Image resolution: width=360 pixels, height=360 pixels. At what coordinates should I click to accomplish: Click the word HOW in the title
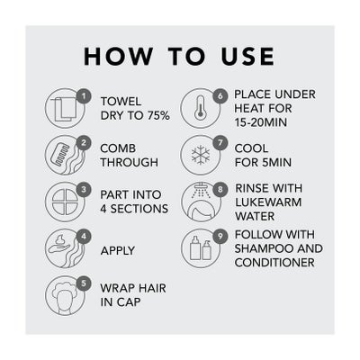pos(118,56)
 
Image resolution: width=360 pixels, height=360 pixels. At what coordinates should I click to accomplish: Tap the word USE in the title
pos(247,56)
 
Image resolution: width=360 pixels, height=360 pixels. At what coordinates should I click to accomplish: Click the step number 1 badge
pos(84,96)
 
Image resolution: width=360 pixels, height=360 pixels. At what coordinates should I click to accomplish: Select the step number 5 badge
pos(84,283)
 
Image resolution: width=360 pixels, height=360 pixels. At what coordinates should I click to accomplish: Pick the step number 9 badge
pos(220,237)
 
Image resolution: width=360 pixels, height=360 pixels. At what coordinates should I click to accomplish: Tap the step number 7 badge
pos(220,143)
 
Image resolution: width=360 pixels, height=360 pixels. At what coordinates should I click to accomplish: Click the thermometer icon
pos(199,108)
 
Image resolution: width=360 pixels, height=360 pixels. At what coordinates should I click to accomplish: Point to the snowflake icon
pos(201,155)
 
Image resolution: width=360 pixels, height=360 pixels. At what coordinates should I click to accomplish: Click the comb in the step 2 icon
pos(61,153)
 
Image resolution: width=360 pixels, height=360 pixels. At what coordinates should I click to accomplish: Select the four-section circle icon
pos(65,202)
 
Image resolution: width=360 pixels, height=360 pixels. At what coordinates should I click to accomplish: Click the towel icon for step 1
pos(63,110)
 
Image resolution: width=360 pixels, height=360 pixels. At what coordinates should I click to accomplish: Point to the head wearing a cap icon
pos(65,295)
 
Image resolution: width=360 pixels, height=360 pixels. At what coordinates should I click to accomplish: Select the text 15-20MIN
pos(261,122)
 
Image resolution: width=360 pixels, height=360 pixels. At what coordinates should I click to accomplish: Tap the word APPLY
pos(118,251)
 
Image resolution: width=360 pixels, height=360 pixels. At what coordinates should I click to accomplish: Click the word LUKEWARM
pos(268,202)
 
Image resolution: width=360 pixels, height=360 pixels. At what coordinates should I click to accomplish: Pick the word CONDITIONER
pos(274,263)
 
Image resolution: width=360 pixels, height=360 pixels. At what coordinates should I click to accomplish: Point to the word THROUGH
pos(130,162)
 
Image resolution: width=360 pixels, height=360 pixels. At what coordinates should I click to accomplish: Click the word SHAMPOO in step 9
pos(264,248)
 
